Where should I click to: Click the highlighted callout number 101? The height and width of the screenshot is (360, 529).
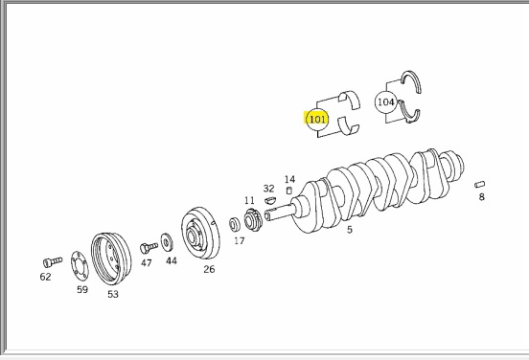click(317, 119)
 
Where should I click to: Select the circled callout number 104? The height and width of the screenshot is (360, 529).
click(385, 101)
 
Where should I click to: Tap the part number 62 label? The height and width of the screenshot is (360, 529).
click(46, 277)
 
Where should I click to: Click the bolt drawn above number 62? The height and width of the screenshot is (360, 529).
click(53, 262)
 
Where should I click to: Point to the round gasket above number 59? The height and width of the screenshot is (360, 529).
click(80, 265)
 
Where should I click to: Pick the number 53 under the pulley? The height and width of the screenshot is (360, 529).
click(113, 294)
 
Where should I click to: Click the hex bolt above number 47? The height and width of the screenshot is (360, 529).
click(149, 247)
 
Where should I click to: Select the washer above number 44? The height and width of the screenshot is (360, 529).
click(167, 242)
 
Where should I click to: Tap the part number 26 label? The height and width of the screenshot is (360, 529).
click(209, 269)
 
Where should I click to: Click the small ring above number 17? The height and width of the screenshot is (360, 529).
click(235, 225)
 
